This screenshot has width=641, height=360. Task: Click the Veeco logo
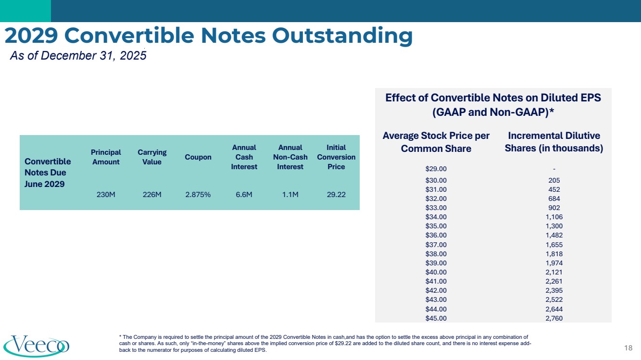tap(37, 346)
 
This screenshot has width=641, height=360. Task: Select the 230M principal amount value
tap(106, 196)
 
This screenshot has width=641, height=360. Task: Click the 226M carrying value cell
tap(152, 196)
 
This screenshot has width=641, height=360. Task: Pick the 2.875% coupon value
tap(198, 196)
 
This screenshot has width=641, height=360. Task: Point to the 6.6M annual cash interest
tap(244, 196)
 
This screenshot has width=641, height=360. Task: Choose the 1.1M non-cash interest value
tap(290, 196)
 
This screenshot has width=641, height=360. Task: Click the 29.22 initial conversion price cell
tap(336, 196)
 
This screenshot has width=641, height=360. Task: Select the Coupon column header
tap(198, 157)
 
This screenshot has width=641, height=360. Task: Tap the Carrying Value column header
tap(152, 157)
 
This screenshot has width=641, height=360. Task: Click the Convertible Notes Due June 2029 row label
tap(48, 172)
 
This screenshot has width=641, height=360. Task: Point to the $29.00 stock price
tap(436, 169)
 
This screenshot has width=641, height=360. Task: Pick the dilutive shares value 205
tap(554, 180)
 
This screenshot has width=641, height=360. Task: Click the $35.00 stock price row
tap(436, 226)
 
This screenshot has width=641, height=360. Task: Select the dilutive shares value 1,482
tap(554, 235)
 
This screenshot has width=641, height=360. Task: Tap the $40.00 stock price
tap(436, 272)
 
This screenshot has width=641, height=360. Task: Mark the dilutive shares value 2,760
tap(554, 318)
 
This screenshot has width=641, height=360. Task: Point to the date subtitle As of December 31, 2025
tap(78, 56)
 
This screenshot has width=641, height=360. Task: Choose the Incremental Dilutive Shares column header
tap(554, 142)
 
